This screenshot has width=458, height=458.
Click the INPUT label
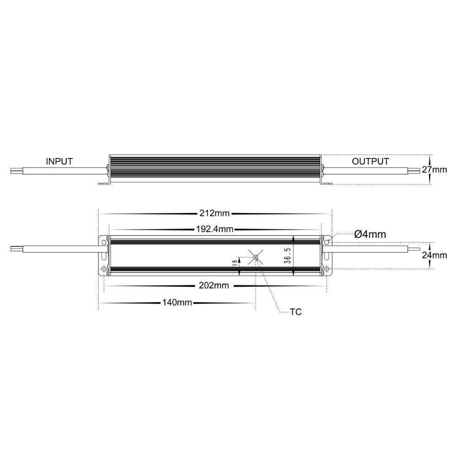pos(59,161)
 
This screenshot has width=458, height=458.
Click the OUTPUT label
pos(370,161)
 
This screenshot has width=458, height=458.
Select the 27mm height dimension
pos(434,169)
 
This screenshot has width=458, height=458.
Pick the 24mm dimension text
pos(434,255)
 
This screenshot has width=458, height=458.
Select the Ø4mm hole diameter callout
pos(370,234)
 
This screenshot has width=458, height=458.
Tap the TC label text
pos(296,312)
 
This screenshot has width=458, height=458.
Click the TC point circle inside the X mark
pos(256,257)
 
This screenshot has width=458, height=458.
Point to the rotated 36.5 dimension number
pos(286,256)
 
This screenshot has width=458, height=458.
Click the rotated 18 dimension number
pos(234,262)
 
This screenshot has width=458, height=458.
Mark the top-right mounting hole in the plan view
pos(326,239)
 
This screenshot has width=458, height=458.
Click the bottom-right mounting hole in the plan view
pos(326,268)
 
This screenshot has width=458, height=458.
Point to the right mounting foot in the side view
pos(327,184)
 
